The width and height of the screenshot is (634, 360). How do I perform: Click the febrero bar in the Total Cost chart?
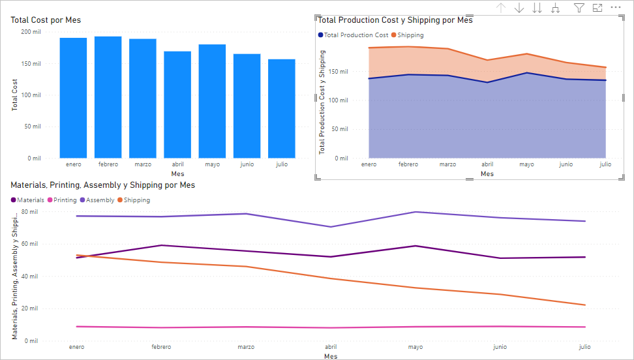108,97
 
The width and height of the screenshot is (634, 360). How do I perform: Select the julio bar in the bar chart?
281,109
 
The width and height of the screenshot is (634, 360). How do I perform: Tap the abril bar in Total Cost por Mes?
177,105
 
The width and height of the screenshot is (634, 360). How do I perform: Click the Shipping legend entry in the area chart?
408,35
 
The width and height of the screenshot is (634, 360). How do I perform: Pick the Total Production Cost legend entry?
354,35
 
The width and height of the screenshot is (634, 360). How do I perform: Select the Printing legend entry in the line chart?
62,200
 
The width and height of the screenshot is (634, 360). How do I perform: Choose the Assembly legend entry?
97,200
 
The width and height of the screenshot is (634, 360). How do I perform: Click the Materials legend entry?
27,200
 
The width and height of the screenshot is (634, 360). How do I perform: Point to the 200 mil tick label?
31,32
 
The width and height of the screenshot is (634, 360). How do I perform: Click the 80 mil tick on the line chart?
29,212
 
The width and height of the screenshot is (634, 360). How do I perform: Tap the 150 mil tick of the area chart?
339,72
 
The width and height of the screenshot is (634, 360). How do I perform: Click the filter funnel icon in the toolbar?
579,8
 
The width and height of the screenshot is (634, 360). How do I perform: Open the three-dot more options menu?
615,7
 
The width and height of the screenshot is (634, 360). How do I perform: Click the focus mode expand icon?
597,8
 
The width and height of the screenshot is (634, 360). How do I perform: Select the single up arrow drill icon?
501,8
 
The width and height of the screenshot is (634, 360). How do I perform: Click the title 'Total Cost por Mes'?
46,20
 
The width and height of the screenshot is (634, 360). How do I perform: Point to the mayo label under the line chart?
415,347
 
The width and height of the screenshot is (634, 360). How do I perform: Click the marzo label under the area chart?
447,164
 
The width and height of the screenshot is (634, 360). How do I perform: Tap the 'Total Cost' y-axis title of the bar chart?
14,95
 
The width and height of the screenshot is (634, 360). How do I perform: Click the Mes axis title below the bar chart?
177,174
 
